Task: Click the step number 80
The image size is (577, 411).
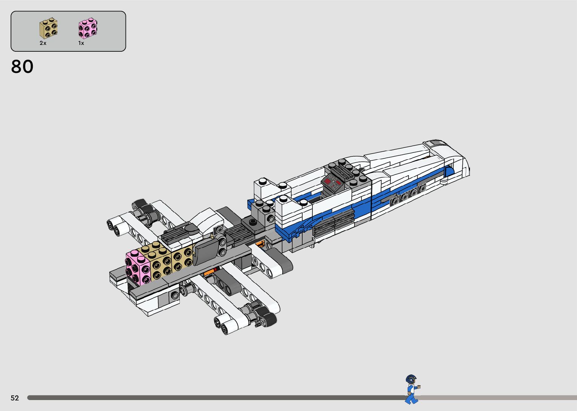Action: (22, 66)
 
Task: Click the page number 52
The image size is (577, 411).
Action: (15, 398)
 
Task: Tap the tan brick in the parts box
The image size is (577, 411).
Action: (48, 28)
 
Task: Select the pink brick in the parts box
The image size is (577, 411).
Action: (87, 28)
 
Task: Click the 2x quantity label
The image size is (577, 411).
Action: (43, 43)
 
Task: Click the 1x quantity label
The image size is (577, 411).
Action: (81, 43)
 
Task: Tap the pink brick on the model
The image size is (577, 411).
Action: (138, 268)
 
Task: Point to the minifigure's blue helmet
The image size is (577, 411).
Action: (411, 379)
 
